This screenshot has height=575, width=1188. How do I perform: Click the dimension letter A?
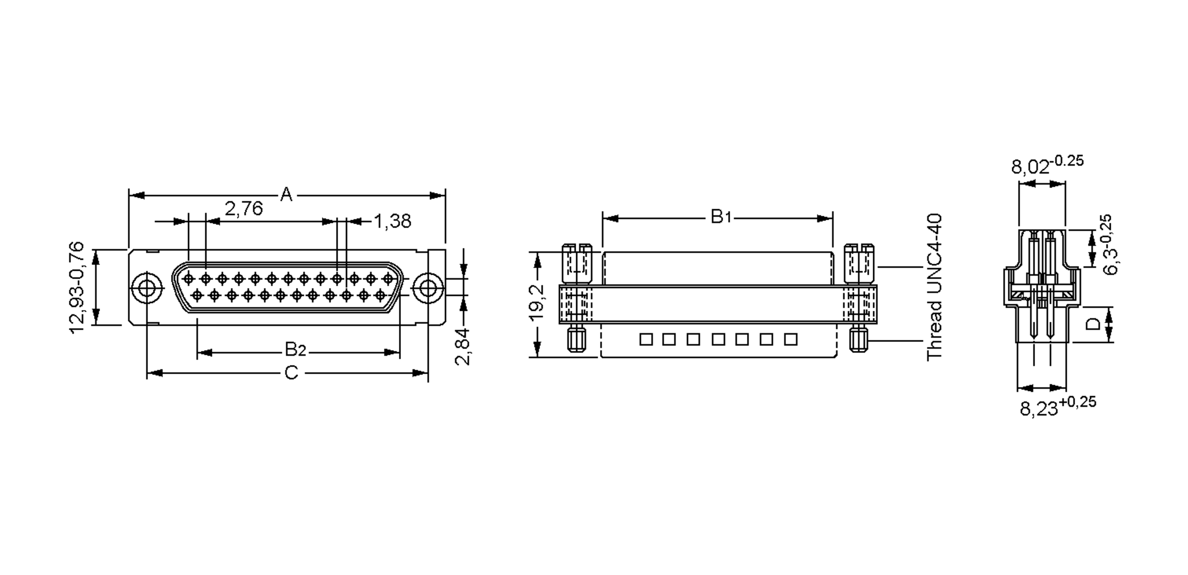tap(286, 194)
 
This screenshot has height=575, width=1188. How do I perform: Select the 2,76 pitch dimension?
tap(244, 209)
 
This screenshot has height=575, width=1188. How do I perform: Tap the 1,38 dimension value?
tap(392, 221)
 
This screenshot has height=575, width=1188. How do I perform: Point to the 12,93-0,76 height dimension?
tap(77, 287)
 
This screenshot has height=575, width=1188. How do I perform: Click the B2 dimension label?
tap(296, 350)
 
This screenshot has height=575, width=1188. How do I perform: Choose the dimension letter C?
tap(292, 373)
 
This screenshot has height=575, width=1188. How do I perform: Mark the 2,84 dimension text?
tap(462, 346)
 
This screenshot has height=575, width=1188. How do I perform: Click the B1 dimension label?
tap(721, 216)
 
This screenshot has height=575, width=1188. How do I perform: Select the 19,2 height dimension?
tap(537, 302)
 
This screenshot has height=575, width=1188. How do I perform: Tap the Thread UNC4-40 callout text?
tap(934, 287)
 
